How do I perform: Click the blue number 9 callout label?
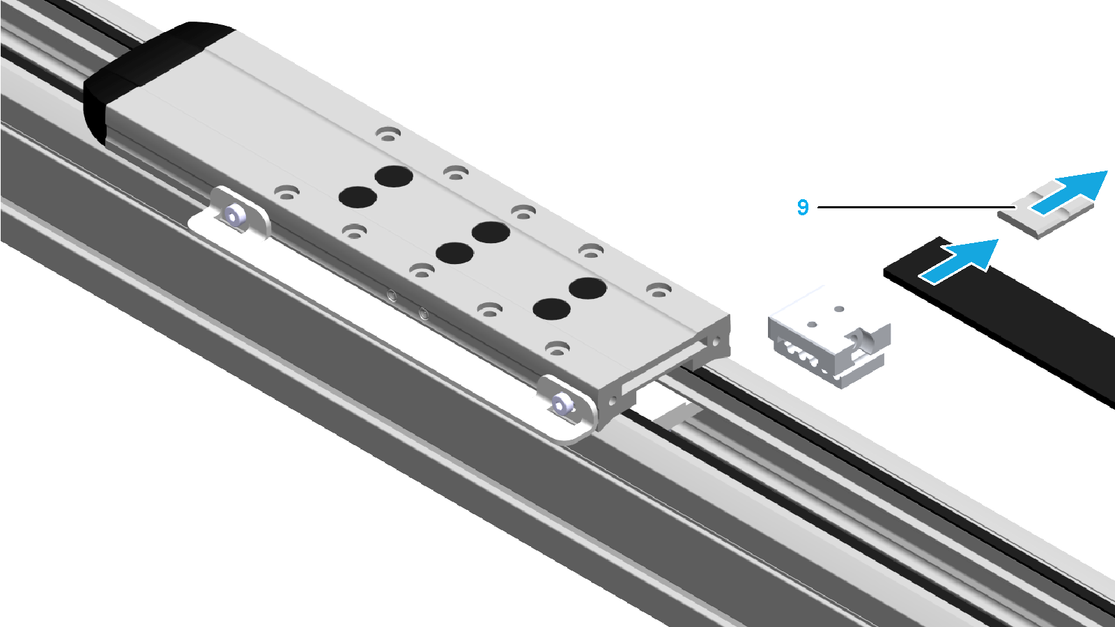click(802, 207)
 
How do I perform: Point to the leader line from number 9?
click(916, 207)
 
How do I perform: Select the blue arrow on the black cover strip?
click(959, 261)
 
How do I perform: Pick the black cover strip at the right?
click(1001, 318)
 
